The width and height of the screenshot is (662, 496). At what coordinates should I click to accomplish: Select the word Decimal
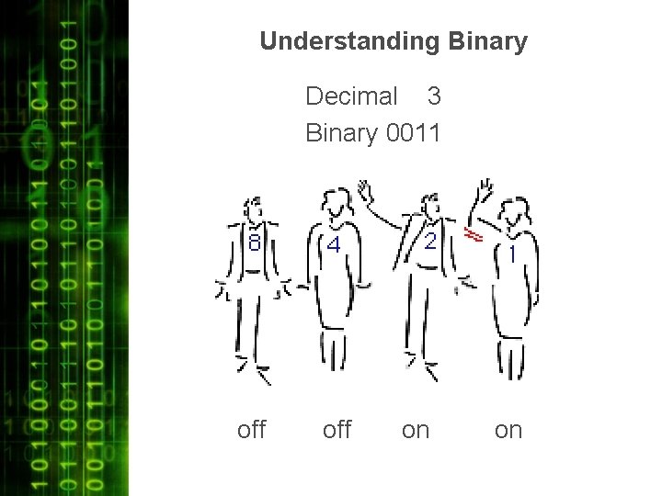tap(351, 96)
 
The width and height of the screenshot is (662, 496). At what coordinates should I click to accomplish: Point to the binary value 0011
tap(415, 133)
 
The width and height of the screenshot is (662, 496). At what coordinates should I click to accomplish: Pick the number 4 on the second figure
tap(334, 245)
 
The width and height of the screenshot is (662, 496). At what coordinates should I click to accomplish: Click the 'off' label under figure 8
tap(251, 430)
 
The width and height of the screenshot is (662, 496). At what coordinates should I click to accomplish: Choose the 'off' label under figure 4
tap(337, 430)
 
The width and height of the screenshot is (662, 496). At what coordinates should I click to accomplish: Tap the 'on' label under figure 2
tap(416, 430)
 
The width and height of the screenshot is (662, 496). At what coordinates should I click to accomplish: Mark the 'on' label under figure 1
tap(508, 430)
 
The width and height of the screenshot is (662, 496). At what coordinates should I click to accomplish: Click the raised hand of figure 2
tap(366, 191)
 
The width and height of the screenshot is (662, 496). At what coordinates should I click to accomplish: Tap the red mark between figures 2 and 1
tap(474, 236)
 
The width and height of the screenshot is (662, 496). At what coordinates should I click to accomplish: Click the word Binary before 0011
tap(341, 133)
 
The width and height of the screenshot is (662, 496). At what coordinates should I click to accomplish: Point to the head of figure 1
tap(516, 212)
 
